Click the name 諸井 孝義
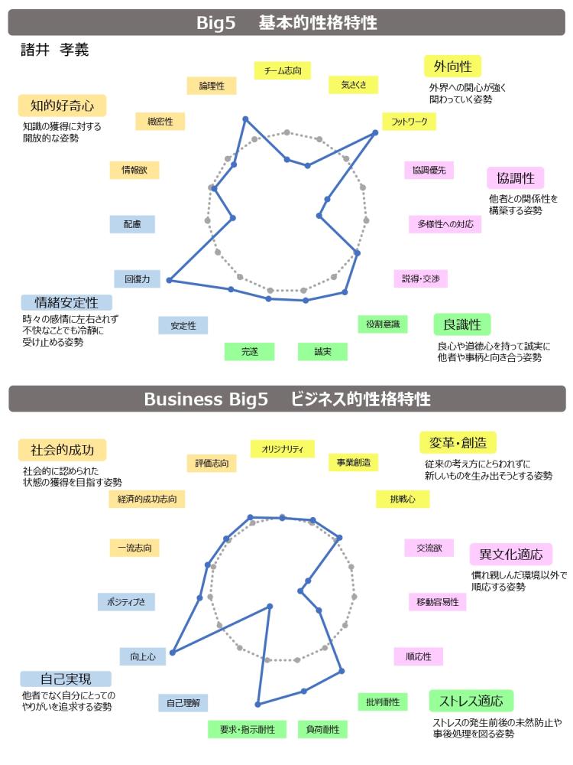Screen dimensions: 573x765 [54, 50]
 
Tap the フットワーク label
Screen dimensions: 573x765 [409, 122]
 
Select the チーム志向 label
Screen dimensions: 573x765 [283, 70]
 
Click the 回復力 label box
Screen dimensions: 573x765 [138, 279]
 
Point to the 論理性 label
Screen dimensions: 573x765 [212, 86]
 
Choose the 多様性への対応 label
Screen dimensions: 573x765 [445, 224]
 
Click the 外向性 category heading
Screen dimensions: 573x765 [452, 67]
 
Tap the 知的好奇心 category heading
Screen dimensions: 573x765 [63, 106]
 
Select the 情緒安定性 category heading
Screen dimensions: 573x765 [66, 302]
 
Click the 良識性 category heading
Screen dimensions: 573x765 [462, 324]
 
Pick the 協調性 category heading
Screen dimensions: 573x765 [516, 178]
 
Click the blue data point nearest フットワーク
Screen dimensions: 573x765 [375, 132]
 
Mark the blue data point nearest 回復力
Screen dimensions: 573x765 [169, 280]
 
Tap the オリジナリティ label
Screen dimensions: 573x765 [283, 449]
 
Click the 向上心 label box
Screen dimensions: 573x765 [143, 656]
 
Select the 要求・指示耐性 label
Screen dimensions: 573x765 [247, 729]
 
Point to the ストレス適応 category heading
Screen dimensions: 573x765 [471, 701]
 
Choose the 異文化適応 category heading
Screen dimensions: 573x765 [510, 554]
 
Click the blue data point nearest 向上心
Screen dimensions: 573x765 [173, 652]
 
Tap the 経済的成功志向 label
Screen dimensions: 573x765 [147, 499]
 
